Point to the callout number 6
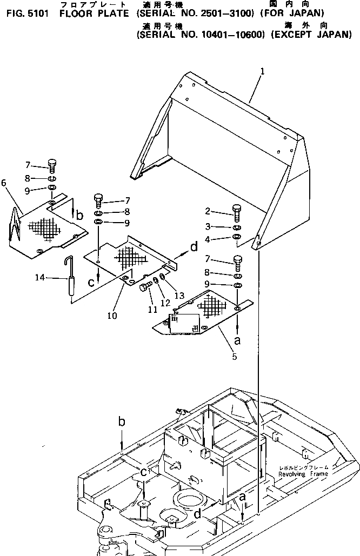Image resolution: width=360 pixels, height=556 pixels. pos(4,183)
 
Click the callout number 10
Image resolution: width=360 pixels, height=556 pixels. pos(111,316)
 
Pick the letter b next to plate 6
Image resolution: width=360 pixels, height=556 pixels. pos(80,216)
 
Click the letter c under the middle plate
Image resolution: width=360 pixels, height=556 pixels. pos(92,282)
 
